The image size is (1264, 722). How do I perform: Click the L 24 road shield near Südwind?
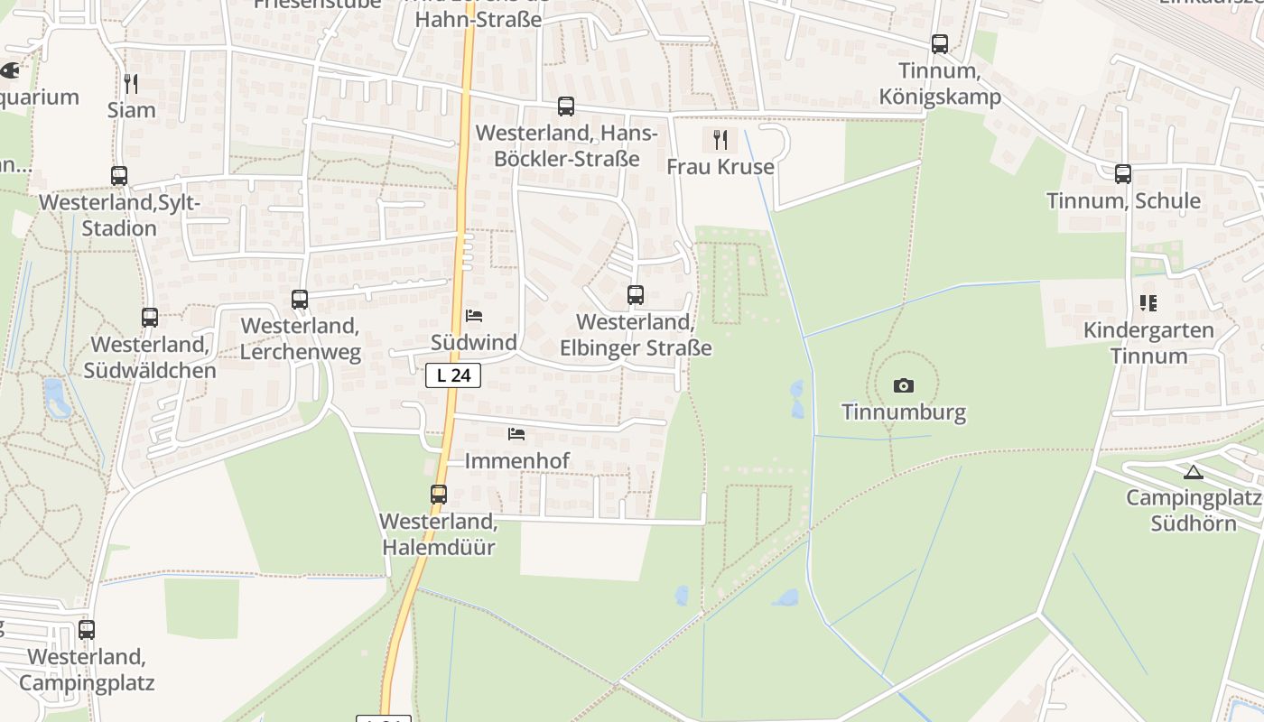pyautogui.click(x=453, y=375)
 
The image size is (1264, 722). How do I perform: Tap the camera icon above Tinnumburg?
pyautogui.click(x=903, y=386)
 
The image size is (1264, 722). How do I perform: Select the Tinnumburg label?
pyautogui.click(x=903, y=412)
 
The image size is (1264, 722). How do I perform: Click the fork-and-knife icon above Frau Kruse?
pyautogui.click(x=720, y=140)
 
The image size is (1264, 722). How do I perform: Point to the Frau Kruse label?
pyautogui.click(x=720, y=167)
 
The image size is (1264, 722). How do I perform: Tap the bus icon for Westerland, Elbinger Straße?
pyautogui.click(x=636, y=295)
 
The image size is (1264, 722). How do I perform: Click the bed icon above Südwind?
pyautogui.click(x=474, y=316)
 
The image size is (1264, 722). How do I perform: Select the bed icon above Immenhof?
pyautogui.click(x=516, y=434)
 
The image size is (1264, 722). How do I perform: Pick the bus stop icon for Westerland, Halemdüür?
pyautogui.click(x=439, y=495)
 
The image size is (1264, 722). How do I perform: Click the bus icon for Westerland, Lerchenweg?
pyautogui.click(x=300, y=299)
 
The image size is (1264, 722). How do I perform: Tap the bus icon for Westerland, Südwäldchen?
pyautogui.click(x=150, y=318)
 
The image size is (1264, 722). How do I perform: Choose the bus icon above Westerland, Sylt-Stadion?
pyautogui.click(x=119, y=176)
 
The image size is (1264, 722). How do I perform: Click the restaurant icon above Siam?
pyautogui.click(x=131, y=84)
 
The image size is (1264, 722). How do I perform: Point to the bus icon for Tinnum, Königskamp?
pyautogui.click(x=940, y=43)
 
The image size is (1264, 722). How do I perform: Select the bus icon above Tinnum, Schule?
pyautogui.click(x=1123, y=174)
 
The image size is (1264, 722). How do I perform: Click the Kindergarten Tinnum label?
pyautogui.click(x=1148, y=343)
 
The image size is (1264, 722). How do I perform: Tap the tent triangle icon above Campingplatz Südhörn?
pyautogui.click(x=1194, y=472)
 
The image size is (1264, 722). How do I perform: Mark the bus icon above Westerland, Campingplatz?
pyautogui.click(x=87, y=630)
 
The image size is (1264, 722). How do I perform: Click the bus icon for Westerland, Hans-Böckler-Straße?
pyautogui.click(x=566, y=106)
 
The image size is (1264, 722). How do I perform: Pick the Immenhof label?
pyautogui.click(x=516, y=461)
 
